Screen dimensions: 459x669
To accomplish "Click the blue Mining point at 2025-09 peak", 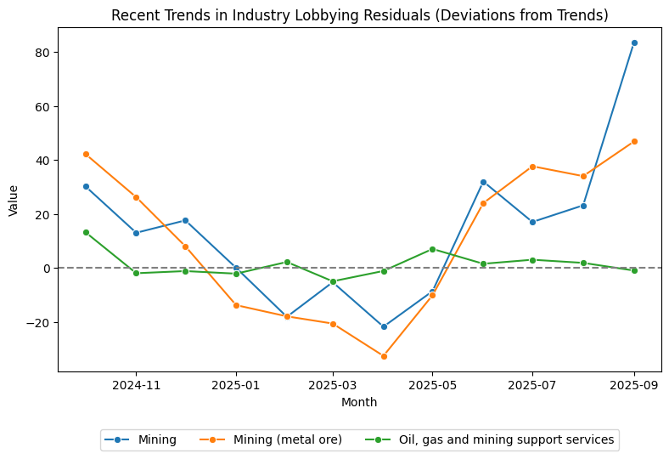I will pyautogui.click(x=634, y=42).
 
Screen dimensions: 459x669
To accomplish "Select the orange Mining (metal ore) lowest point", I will pyautogui.click(x=384, y=356).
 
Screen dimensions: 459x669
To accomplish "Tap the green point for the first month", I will pyautogui.click(x=86, y=232).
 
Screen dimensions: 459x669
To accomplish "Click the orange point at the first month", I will pyautogui.click(x=86, y=154).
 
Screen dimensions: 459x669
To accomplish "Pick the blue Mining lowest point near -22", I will pyautogui.click(x=384, y=326).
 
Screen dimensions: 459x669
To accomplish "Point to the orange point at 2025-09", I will pyautogui.click(x=634, y=141).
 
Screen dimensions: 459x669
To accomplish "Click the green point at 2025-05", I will pyautogui.click(x=432, y=249).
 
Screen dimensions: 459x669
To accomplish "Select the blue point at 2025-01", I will pyautogui.click(x=236, y=268).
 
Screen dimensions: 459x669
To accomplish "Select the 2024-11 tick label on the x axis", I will pyautogui.click(x=136, y=385).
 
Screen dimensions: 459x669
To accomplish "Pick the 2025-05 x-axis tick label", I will pyautogui.click(x=432, y=385).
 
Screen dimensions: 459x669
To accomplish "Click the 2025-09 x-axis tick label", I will pyautogui.click(x=634, y=385).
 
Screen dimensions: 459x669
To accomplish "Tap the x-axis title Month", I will pyautogui.click(x=359, y=402).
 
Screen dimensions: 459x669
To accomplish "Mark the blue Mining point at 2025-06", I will pyautogui.click(x=483, y=182).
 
